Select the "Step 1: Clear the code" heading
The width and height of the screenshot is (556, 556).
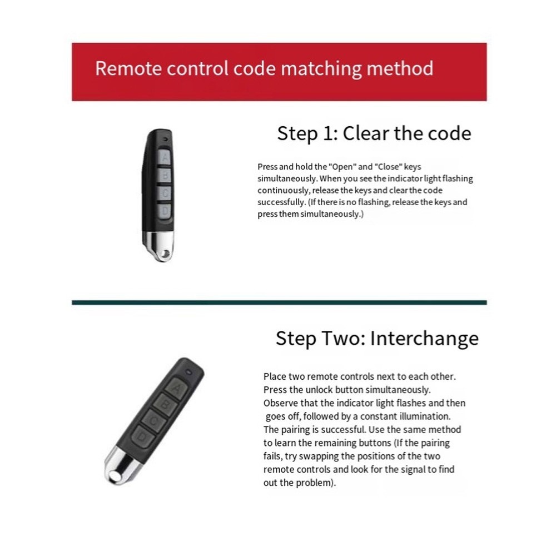pyautogui.click(x=374, y=133)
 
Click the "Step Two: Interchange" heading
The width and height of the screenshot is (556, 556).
pyautogui.click(x=377, y=338)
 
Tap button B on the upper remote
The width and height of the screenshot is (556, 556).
pyautogui.click(x=165, y=175)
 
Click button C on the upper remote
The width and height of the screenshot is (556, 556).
pyautogui.click(x=165, y=193)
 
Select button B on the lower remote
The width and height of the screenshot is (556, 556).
pyautogui.click(x=165, y=404)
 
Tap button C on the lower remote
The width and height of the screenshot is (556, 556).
pyautogui.click(x=153, y=421)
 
